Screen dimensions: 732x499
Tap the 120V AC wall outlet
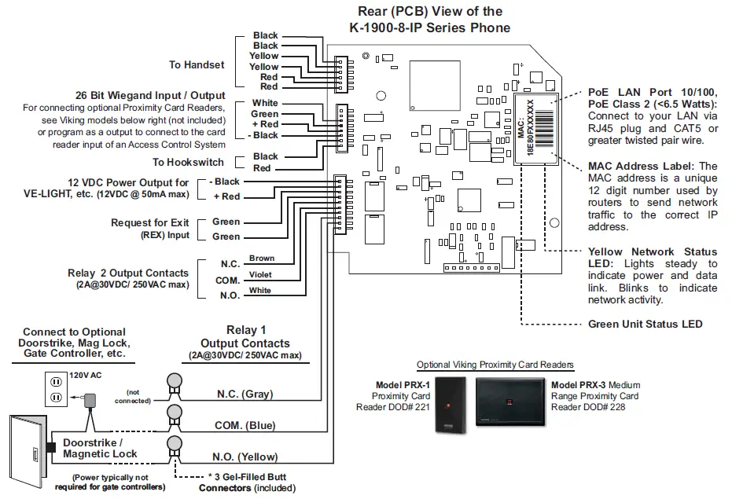point(56,389)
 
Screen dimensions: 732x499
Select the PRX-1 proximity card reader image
point(451,405)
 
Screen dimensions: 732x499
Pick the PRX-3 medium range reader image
point(510,402)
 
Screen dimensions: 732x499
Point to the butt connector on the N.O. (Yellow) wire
point(174,449)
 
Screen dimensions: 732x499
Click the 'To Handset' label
point(197,65)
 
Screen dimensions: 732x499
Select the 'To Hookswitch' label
point(188,162)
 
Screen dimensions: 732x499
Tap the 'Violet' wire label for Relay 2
point(260,274)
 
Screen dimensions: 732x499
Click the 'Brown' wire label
point(261,258)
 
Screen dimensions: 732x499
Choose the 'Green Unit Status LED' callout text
point(646,324)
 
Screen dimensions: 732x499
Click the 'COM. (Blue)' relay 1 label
point(245,425)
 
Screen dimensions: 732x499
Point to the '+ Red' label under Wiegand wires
point(265,124)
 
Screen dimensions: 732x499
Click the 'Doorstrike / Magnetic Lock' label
point(100,448)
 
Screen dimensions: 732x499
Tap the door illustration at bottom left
point(28,451)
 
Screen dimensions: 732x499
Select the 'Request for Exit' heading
point(150,222)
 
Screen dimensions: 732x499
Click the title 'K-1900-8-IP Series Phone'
point(429,28)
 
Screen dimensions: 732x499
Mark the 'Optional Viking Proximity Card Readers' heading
point(495,365)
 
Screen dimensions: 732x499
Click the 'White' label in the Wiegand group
point(265,103)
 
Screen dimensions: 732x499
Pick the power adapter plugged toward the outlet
point(89,400)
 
